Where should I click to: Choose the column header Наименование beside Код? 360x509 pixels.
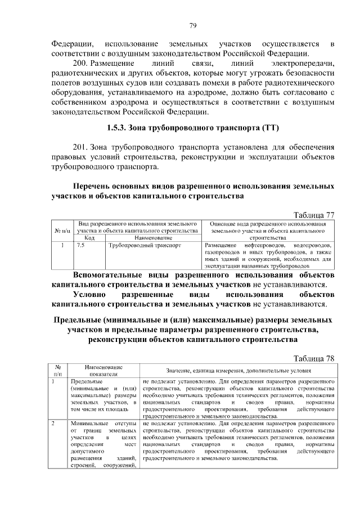[x=152, y=238]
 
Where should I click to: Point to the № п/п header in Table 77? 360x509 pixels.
[x=62, y=231]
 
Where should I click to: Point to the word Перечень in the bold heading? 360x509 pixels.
[x=97, y=186]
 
